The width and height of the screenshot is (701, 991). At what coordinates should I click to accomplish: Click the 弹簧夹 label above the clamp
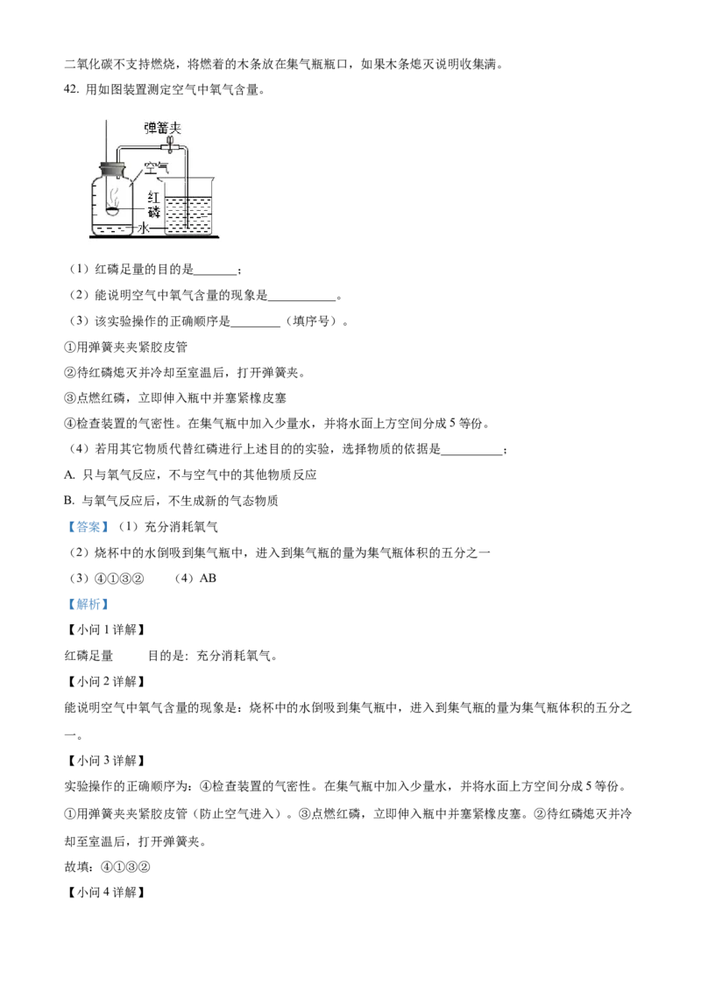[162, 128]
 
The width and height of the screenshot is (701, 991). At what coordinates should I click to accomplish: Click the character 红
[154, 197]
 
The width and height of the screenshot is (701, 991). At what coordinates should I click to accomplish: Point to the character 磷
[154, 212]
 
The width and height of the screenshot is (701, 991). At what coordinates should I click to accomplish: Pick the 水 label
[145, 228]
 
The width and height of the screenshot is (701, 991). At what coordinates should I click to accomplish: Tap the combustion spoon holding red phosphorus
[113, 210]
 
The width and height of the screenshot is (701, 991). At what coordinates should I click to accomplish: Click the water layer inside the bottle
[110, 229]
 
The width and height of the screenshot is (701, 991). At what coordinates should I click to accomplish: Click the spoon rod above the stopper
[107, 136]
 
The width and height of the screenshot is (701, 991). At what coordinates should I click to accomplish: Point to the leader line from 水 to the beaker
[158, 228]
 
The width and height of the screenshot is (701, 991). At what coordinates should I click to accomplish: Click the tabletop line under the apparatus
[151, 236]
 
